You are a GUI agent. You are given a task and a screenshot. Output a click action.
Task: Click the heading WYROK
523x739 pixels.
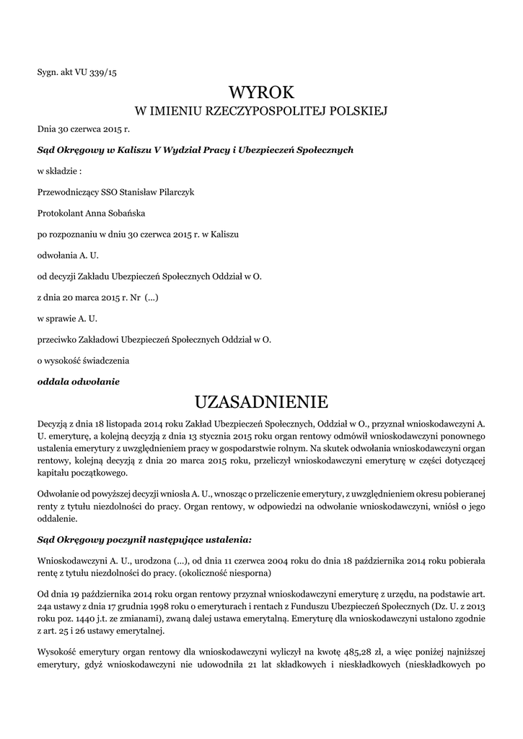pyautogui.click(x=261, y=92)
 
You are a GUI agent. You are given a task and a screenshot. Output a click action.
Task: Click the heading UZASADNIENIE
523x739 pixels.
pyautogui.click(x=261, y=401)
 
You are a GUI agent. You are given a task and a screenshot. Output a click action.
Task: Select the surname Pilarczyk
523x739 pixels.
pyautogui.click(x=173, y=193)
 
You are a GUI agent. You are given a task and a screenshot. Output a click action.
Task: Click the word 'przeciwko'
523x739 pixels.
pyautogui.click(x=59, y=338)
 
